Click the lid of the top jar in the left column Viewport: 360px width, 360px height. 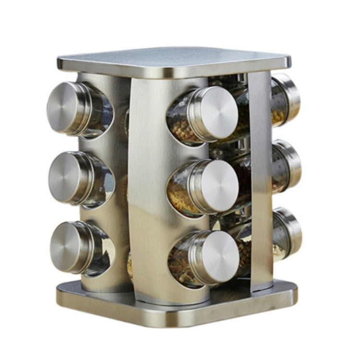pos(65,108)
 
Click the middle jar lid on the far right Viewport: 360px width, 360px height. pos(292,165)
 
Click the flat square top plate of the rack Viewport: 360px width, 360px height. pos(173,60)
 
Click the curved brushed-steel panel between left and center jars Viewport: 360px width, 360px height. pos(149,192)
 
